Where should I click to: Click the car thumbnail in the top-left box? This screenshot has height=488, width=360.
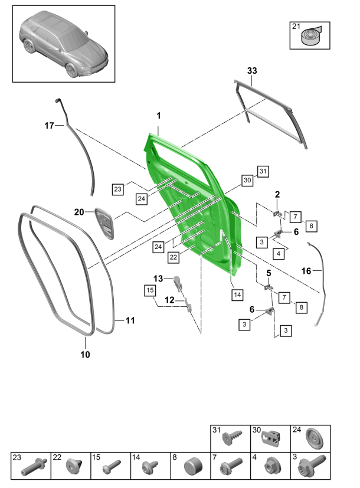64,44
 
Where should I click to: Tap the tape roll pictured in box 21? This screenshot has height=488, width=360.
309,38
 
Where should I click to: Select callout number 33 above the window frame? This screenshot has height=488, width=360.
252,71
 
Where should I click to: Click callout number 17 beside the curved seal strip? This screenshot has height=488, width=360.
50,125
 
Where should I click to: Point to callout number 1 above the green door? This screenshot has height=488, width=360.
158,116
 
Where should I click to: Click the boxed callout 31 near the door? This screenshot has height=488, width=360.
263,171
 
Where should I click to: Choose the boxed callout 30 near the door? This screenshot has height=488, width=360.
247,180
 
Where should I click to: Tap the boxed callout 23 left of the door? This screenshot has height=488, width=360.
117,189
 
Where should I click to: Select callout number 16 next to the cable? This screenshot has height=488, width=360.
322,271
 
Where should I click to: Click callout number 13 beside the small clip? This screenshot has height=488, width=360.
158,279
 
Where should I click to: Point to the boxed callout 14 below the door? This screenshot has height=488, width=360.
237,294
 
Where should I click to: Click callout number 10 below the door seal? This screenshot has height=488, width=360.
85,355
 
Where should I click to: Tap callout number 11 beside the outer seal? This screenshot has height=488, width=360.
130,320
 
